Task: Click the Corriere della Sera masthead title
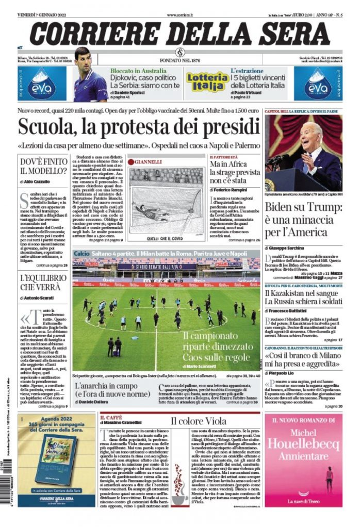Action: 179,34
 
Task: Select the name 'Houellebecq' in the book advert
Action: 303,445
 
